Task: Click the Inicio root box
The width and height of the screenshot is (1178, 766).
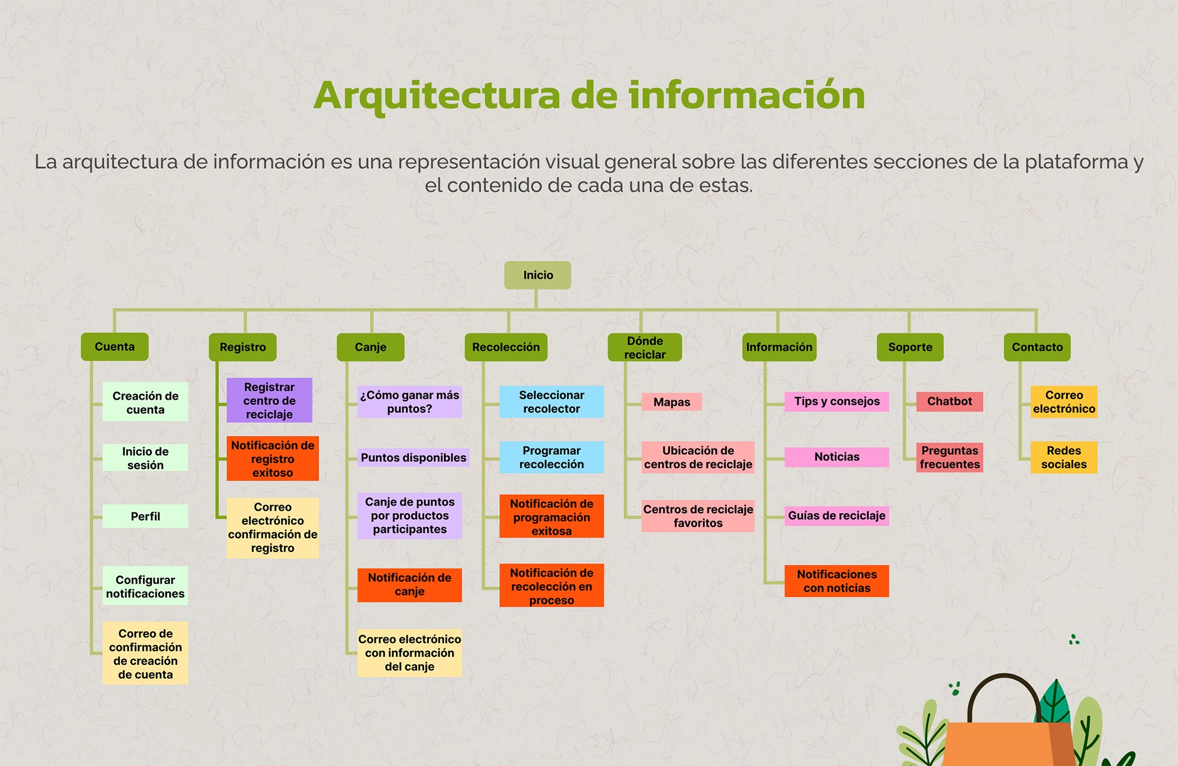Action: tap(538, 275)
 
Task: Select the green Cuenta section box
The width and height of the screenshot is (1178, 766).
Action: tap(115, 347)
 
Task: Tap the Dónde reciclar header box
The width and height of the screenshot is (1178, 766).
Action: tap(645, 348)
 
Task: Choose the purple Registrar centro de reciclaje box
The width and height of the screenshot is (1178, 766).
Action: tap(269, 400)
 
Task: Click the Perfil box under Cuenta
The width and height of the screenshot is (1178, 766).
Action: tap(146, 516)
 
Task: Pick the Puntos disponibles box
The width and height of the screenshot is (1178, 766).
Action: tap(413, 457)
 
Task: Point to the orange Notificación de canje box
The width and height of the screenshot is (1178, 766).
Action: tap(410, 585)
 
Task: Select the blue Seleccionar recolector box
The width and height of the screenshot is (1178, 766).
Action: tap(551, 402)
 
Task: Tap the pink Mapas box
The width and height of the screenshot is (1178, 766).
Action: tap(671, 402)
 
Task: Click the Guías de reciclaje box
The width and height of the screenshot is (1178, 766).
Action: tap(836, 516)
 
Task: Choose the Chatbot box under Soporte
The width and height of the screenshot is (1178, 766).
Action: tap(949, 402)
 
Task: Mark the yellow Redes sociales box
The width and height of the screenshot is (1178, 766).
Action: tap(1064, 457)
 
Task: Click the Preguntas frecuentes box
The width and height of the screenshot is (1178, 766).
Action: tap(949, 457)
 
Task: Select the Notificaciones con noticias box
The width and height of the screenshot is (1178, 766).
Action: tap(836, 581)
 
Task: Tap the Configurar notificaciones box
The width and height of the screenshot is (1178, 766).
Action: tap(146, 587)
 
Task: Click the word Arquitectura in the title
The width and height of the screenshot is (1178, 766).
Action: tap(437, 95)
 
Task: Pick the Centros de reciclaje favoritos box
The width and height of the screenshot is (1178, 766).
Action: tap(698, 516)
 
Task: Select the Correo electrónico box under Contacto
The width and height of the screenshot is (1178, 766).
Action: tap(1064, 402)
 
